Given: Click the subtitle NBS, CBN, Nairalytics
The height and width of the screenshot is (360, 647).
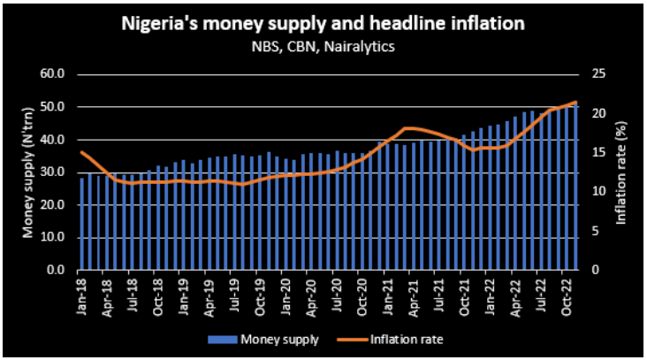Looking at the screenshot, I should click(323, 46).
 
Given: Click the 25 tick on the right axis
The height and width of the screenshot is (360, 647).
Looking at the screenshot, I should click(596, 74).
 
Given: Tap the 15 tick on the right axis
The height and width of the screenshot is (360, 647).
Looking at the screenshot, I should click(596, 152).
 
